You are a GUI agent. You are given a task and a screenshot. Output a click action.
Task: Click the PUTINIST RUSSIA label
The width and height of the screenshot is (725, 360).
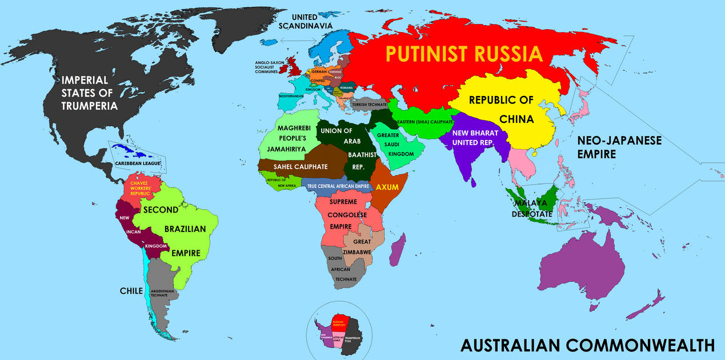[x=463, y=54]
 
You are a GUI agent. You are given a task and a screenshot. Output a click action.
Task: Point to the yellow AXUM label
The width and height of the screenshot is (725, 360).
[x=387, y=187]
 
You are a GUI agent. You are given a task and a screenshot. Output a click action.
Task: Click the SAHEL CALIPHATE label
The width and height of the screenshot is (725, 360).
[x=301, y=166]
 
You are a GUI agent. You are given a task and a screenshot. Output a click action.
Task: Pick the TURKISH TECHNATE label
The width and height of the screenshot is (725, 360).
[x=370, y=105]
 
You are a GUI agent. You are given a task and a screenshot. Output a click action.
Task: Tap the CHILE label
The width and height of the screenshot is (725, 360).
[x=131, y=291]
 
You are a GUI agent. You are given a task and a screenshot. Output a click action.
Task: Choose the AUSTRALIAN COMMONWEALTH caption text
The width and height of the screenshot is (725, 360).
[x=587, y=345]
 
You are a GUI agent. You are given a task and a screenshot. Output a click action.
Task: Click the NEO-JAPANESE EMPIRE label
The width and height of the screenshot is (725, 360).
[x=619, y=147]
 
